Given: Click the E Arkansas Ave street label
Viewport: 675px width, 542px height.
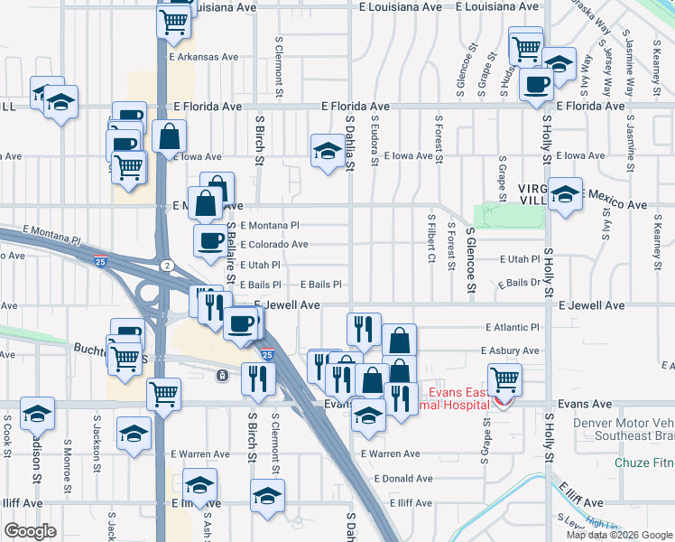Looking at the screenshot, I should tap(204, 56).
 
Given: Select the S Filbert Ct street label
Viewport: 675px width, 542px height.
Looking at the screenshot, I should tap(432, 239).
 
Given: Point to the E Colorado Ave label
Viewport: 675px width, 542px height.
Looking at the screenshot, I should tap(274, 245).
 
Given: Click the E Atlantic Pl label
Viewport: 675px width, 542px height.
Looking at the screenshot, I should tap(512, 327).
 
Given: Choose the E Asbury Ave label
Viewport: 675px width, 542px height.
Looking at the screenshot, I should tap(510, 350).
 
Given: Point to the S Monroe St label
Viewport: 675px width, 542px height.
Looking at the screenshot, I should tap(68, 462).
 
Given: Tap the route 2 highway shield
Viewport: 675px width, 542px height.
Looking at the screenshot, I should tap(167, 265).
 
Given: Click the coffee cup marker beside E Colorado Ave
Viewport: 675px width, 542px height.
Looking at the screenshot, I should tap(211, 241).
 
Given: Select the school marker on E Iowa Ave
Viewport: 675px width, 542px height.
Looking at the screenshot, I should tap(327, 151).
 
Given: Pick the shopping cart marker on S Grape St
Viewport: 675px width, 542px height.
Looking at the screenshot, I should tap(504, 378).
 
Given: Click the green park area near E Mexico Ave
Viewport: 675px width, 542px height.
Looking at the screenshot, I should tap(510, 216).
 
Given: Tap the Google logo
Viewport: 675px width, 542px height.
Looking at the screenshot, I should tap(30, 530).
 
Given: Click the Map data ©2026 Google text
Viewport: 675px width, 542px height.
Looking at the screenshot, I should tap(618, 535).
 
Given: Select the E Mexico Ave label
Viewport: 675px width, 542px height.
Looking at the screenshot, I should tap(613, 206).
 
